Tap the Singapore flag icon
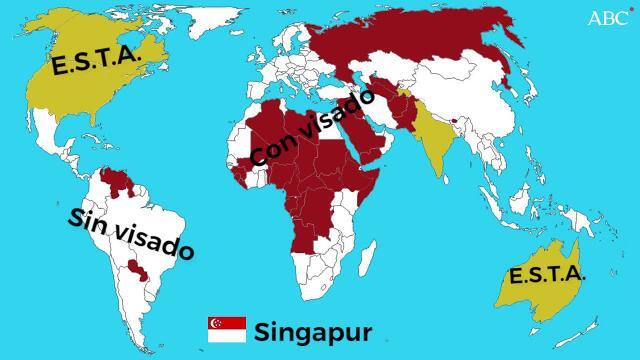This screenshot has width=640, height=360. click(x=226, y=330)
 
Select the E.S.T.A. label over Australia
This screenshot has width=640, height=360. click(x=546, y=275)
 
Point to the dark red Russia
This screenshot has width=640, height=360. click(x=420, y=45)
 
